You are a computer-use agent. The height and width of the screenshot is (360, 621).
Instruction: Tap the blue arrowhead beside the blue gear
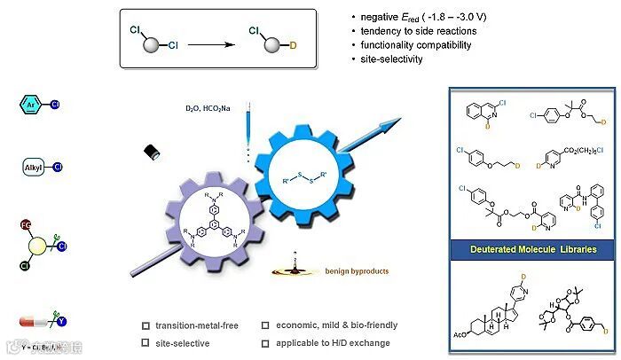pos(388,125)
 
